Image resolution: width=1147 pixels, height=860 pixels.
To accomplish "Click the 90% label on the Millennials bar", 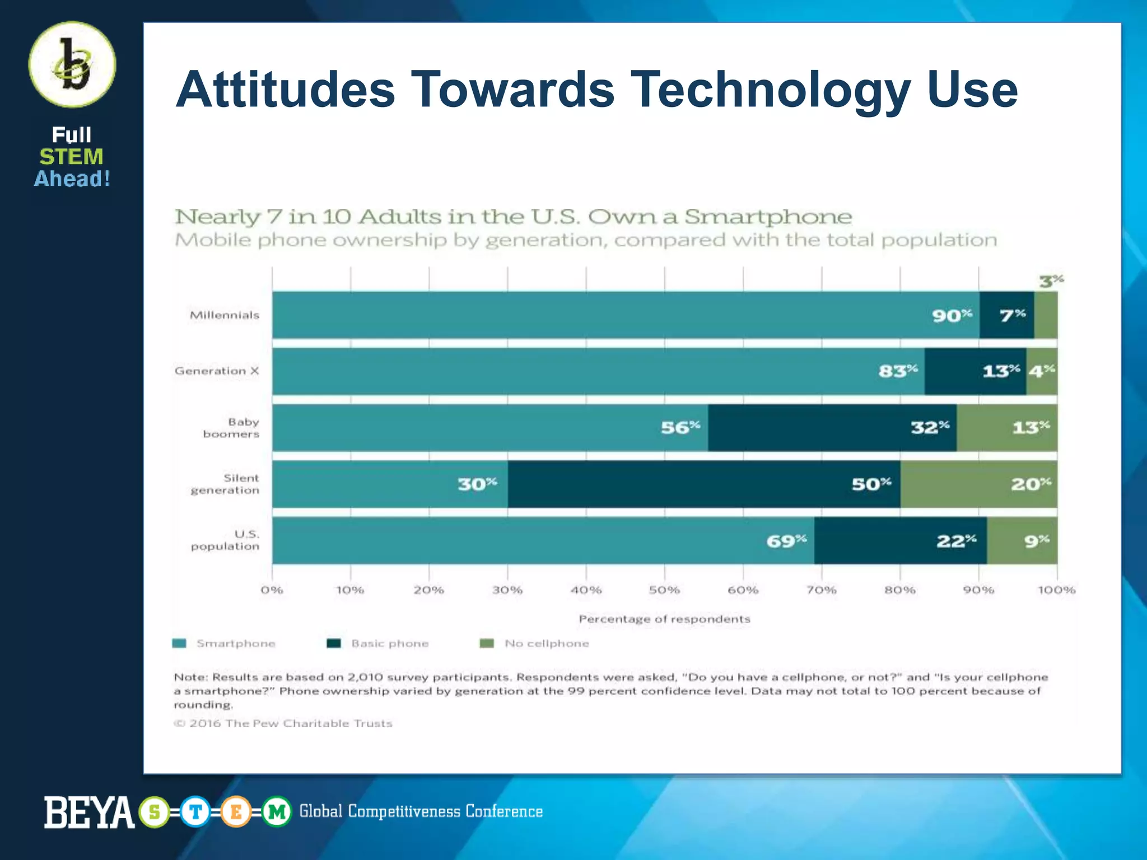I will (x=952, y=316).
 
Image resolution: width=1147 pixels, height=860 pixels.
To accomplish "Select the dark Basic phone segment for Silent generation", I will (x=703, y=484).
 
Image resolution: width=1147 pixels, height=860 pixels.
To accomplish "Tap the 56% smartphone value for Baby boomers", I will (x=680, y=428).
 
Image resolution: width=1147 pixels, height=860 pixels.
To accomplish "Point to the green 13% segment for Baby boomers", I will (x=1006, y=428).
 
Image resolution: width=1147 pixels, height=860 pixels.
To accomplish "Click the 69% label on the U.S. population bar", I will (x=786, y=541).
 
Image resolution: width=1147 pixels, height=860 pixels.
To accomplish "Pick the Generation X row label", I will (x=217, y=371).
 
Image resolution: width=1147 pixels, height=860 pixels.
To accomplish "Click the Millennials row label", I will (x=225, y=315).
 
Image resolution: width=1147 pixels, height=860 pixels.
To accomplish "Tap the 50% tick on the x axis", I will (x=664, y=590).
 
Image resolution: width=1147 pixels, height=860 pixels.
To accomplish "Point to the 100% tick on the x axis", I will (x=1056, y=590).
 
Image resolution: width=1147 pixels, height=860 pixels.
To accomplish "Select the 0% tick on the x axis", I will (x=272, y=590).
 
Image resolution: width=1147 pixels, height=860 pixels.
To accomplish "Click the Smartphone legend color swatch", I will (x=179, y=643).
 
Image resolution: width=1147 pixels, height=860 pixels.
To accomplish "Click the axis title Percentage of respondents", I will (x=664, y=619).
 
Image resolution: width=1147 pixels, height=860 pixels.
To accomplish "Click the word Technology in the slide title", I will (x=770, y=90).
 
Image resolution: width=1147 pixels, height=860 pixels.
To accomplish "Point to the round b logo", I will (x=72, y=65).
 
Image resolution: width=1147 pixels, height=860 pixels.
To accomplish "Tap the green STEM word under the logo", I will (x=71, y=157).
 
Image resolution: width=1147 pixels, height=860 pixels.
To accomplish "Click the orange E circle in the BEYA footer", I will (x=236, y=811).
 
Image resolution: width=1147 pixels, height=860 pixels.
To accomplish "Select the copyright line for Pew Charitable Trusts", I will (x=283, y=723).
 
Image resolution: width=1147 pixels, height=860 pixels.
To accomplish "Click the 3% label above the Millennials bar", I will (x=1051, y=281).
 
